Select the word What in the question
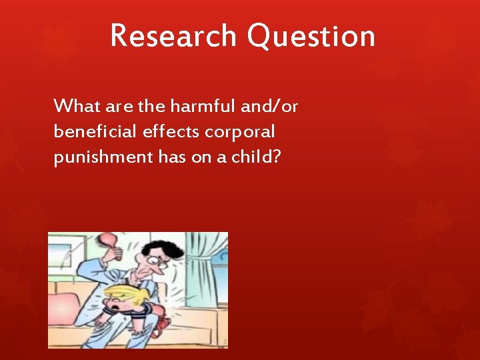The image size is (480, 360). pyautogui.click(x=75, y=105)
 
